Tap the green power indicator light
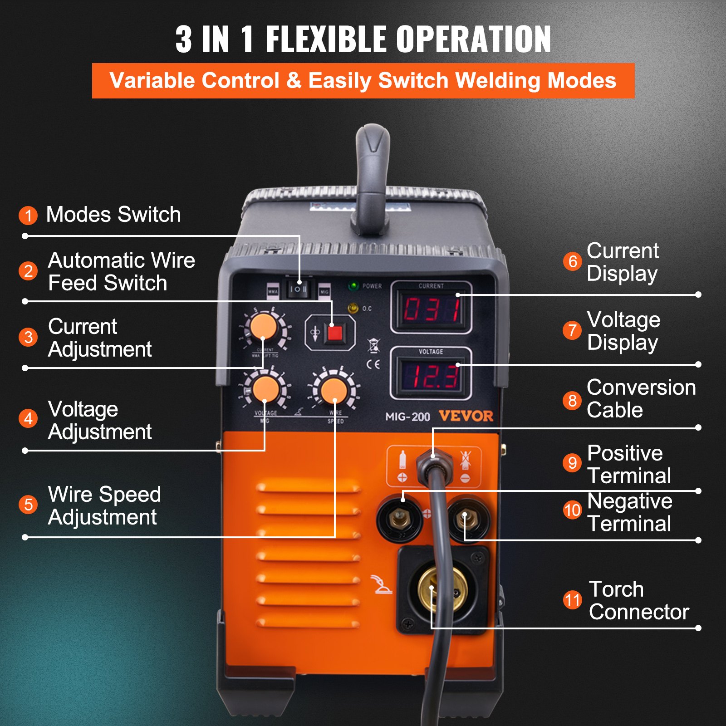click(353, 286)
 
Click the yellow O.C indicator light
click(353, 309)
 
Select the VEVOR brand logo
click(466, 416)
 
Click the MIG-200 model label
click(407, 417)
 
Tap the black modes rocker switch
click(298, 289)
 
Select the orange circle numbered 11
click(572, 600)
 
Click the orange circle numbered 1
click(28, 215)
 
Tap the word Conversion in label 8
click(641, 388)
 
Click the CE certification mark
click(373, 364)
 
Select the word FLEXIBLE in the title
click(327, 39)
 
